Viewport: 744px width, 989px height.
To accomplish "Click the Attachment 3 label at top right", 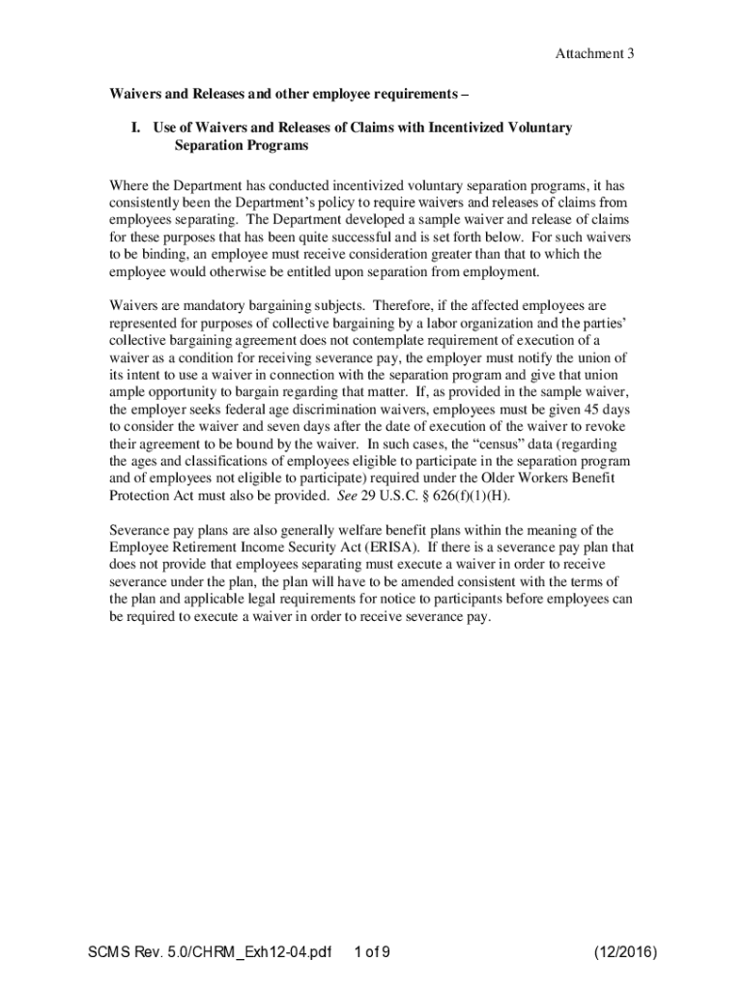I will tap(593, 54).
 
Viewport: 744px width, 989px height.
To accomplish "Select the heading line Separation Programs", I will tap(241, 146).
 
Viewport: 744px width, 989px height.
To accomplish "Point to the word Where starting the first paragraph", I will tap(128, 184).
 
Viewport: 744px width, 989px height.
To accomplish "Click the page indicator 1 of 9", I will tap(372, 953).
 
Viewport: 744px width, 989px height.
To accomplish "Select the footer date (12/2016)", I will tap(626, 953).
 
